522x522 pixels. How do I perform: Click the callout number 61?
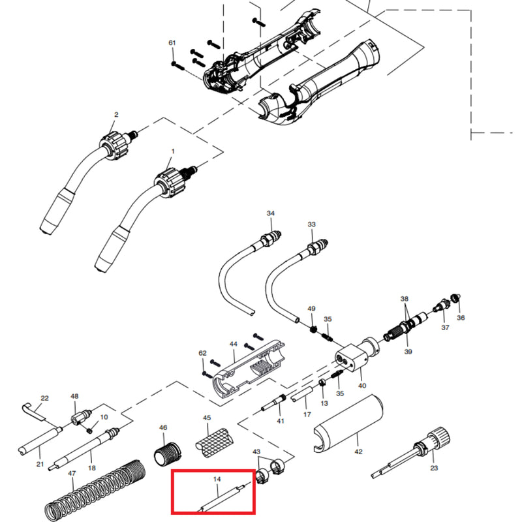172,43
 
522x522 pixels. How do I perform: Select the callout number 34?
271,213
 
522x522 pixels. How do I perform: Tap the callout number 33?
311,224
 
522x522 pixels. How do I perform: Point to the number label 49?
311,309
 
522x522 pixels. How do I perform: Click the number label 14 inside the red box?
218,480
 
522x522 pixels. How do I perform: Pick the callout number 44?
233,344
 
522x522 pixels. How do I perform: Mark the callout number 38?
405,299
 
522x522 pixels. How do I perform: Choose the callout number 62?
202,353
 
